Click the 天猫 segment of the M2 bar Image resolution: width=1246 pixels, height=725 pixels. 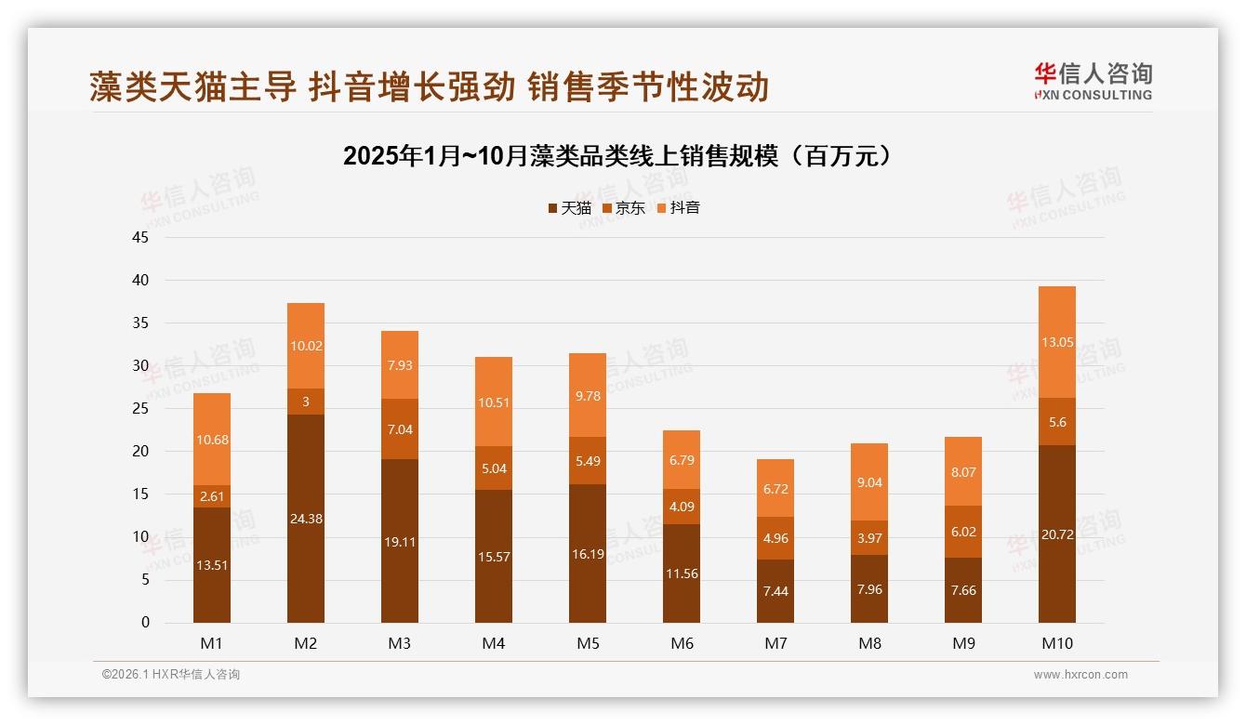point(306,519)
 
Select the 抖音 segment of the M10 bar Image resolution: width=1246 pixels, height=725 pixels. point(1057,342)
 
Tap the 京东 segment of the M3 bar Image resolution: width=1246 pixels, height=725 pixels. point(400,428)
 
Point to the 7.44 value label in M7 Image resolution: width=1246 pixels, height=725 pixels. point(775,591)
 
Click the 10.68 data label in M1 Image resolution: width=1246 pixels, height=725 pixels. point(212,439)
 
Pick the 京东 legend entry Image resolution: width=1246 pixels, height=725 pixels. point(624,208)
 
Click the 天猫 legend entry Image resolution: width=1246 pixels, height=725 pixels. point(570,208)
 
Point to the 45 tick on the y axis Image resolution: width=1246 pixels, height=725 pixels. point(140,237)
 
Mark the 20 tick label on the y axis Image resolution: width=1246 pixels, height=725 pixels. point(140,452)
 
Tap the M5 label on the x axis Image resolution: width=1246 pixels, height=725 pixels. point(588,643)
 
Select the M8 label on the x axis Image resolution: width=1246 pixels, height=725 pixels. point(869,643)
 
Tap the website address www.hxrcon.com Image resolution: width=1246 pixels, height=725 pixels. point(1080,675)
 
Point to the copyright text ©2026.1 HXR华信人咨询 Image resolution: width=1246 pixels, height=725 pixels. point(171,675)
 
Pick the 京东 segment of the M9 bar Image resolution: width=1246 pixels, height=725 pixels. point(963,532)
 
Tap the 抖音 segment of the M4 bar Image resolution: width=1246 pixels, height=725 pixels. point(494,402)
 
